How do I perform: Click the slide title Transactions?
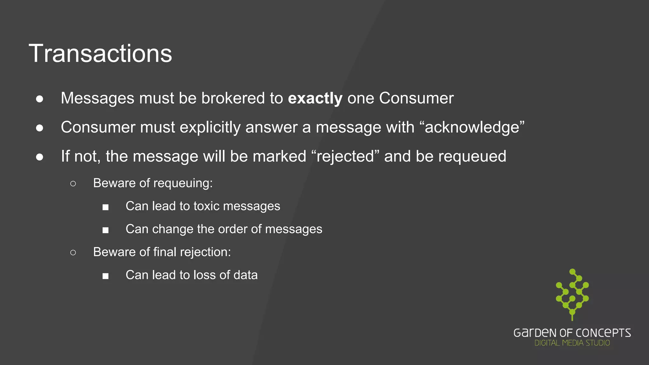click(x=100, y=54)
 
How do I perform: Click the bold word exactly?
click(x=315, y=98)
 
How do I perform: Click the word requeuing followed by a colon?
click(x=184, y=183)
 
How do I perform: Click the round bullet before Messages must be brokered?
click(x=40, y=99)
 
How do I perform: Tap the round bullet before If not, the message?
click(x=40, y=157)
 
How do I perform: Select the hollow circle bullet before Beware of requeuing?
click(x=73, y=184)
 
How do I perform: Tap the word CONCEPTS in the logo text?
click(x=603, y=333)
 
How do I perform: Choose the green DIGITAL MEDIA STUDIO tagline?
click(x=572, y=343)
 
